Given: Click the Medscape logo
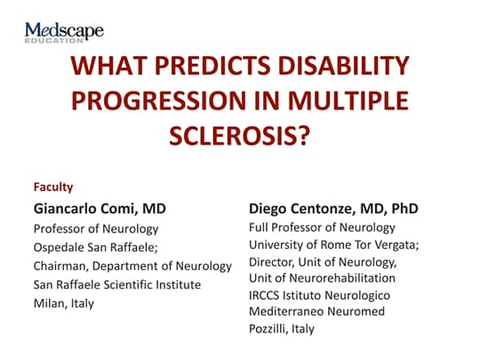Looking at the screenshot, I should [x=64, y=30].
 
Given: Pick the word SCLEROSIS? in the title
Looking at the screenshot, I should [x=240, y=137].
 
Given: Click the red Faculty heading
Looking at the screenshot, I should [x=52, y=188].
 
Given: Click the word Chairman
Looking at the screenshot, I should [x=59, y=265].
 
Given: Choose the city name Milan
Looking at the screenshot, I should [x=49, y=302].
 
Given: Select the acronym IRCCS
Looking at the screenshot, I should [x=267, y=294].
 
